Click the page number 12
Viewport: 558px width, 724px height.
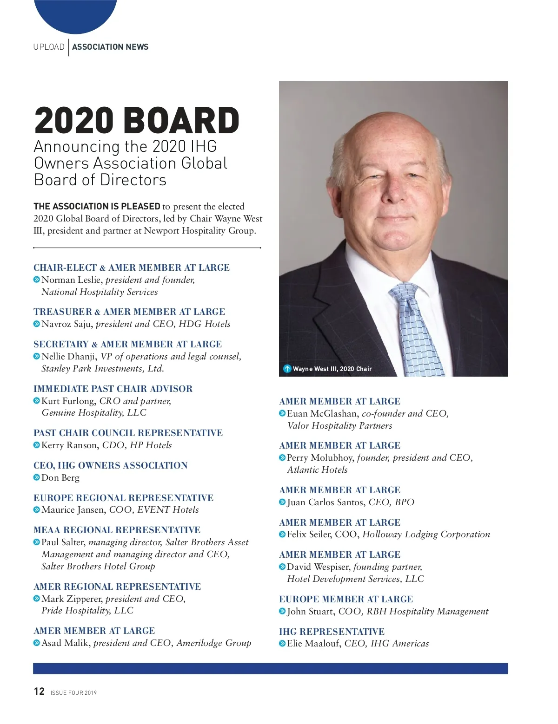pyautogui.click(x=39, y=691)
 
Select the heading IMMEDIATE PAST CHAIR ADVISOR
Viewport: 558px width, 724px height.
pyautogui.click(x=113, y=389)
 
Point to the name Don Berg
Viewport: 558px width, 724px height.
pyautogui.click(x=60, y=477)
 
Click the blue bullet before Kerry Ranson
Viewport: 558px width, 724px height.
pyautogui.click(x=37, y=445)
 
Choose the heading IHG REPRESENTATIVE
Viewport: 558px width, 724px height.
pyautogui.click(x=332, y=632)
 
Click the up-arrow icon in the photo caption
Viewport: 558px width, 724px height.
pyautogui.click(x=287, y=369)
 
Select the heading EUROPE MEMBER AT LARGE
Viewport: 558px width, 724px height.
pyautogui.click(x=346, y=599)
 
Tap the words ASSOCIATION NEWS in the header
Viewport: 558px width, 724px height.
pyautogui.click(x=110, y=47)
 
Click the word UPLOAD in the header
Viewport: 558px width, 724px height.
pyautogui.click(x=49, y=47)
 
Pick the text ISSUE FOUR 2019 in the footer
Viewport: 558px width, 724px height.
pyautogui.click(x=73, y=692)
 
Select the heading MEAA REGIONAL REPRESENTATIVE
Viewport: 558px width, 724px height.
pyautogui.click(x=117, y=530)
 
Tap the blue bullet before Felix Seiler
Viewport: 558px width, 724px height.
pyautogui.click(x=282, y=535)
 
